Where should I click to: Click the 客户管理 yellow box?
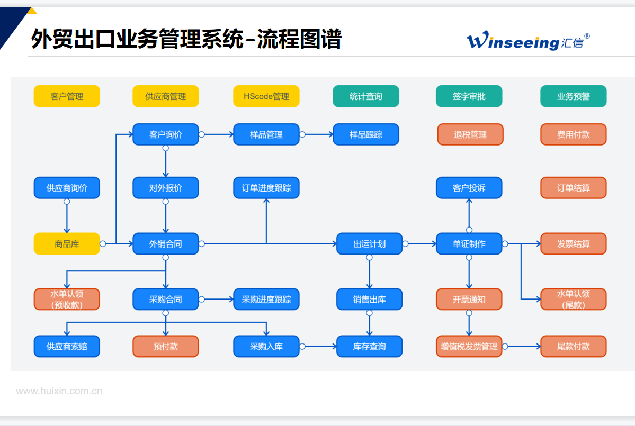tap(67, 96)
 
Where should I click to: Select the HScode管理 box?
tap(266, 96)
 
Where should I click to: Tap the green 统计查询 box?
tap(366, 96)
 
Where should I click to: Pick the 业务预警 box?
tap(574, 96)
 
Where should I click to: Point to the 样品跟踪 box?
tap(366, 134)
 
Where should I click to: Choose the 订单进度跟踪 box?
tap(266, 188)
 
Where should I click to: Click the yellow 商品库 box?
tap(67, 244)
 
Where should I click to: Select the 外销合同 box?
tap(166, 244)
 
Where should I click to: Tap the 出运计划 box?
tap(370, 244)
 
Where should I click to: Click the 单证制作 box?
tap(469, 244)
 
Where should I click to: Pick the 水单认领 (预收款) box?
tap(67, 300)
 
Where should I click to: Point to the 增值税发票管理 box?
tap(469, 347)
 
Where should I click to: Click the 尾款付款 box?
tap(574, 347)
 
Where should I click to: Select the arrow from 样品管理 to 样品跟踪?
tap(318, 134)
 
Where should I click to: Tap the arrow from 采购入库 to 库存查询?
tap(320, 347)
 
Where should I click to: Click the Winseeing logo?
tap(527, 41)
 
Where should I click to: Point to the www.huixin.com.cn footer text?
tap(59, 392)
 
